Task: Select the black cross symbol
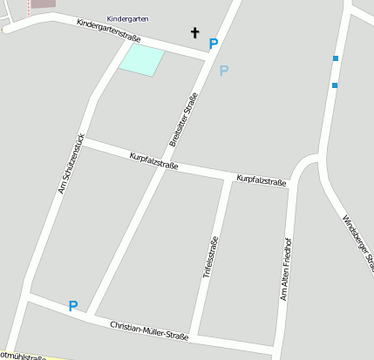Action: (195, 33)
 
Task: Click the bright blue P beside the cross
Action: (214, 43)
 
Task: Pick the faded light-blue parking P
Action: (224, 71)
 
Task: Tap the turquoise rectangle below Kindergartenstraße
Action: (141, 60)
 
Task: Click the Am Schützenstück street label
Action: (70, 163)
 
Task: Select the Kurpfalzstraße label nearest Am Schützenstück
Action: (153, 160)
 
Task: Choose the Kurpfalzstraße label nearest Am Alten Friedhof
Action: (262, 180)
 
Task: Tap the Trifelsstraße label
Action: (209, 257)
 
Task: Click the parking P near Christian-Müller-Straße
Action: (73, 306)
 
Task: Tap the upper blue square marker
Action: (335, 58)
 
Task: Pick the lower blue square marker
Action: (334, 85)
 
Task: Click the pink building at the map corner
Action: (42, 4)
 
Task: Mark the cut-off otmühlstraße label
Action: (23, 356)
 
